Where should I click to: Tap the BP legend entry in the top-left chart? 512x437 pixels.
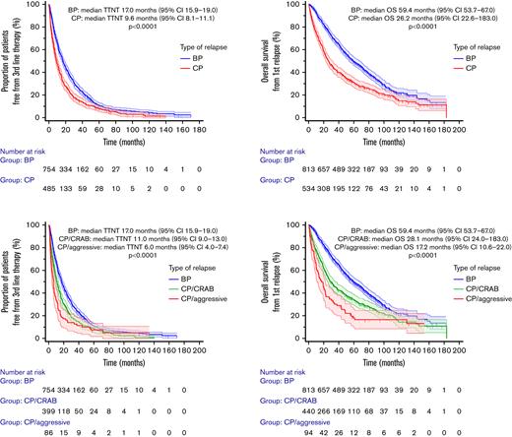point(187,58)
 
